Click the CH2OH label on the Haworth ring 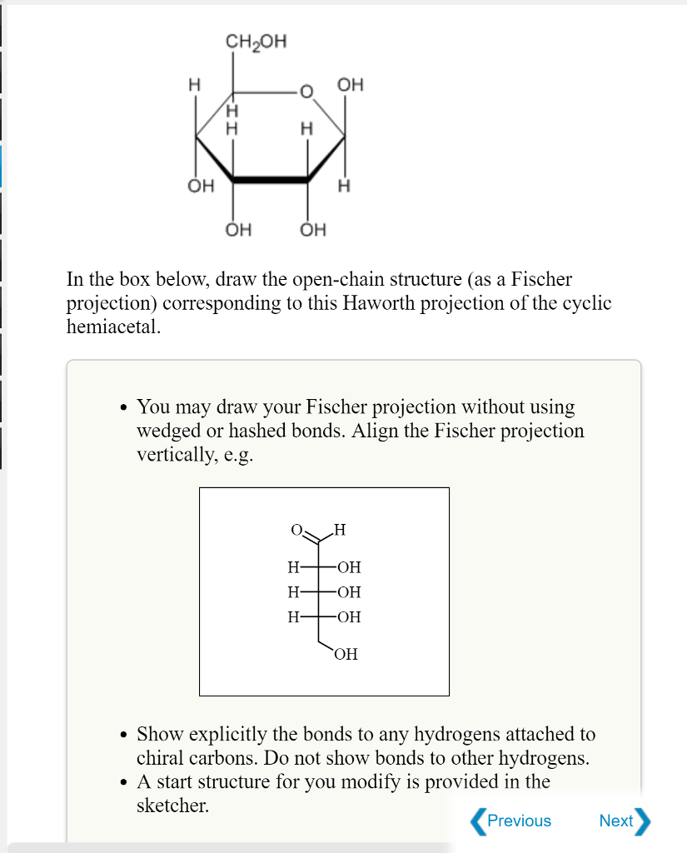coord(256,42)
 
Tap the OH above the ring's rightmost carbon coord(351,85)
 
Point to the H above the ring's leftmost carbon coord(194,85)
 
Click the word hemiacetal coord(112,327)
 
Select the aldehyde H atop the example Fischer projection coord(339,530)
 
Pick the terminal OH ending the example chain coord(346,654)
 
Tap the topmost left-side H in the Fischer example coord(291,568)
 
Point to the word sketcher coord(172,806)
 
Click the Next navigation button coord(624,821)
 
